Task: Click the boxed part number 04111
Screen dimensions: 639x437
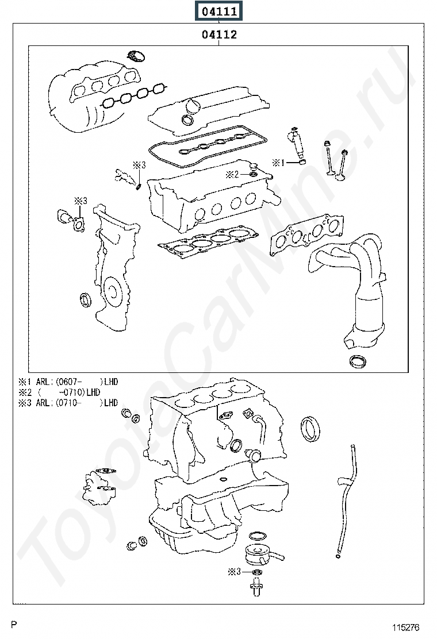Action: (219, 11)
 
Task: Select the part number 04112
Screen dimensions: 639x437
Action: (219, 34)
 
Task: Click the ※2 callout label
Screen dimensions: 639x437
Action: (232, 174)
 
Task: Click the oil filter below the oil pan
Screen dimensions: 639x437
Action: (258, 555)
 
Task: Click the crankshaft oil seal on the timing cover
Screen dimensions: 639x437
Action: (85, 299)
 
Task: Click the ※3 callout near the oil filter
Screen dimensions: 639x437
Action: (233, 572)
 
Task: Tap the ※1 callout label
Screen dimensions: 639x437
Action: (278, 163)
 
